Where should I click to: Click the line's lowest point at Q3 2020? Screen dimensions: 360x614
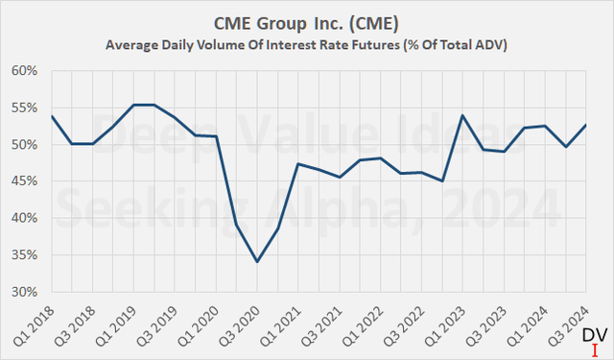click(x=257, y=261)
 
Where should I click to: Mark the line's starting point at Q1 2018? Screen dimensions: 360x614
click(x=51, y=116)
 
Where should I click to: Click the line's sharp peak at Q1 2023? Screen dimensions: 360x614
click(x=463, y=115)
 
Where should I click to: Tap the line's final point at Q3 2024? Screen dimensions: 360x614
click(x=586, y=125)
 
